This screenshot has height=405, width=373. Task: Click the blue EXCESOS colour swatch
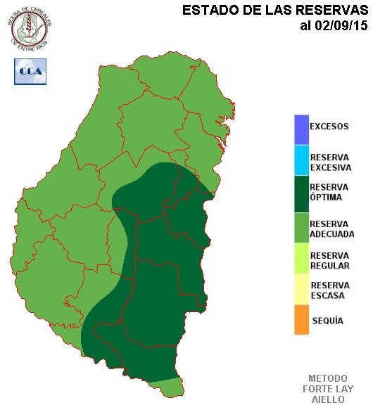(x=302, y=128)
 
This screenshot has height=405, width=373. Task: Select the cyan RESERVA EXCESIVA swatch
(x=302, y=160)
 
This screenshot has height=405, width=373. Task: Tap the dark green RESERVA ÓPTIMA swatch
(x=302, y=192)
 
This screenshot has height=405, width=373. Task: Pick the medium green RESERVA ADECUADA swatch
(x=302, y=226)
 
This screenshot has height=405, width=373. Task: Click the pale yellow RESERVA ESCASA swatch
(x=302, y=289)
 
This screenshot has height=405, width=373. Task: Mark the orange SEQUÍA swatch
(x=302, y=320)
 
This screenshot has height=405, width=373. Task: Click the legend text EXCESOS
(x=329, y=127)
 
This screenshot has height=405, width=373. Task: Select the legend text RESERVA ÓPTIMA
(x=329, y=192)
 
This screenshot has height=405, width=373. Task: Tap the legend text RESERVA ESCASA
(x=329, y=290)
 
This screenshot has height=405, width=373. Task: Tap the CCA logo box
(x=30, y=71)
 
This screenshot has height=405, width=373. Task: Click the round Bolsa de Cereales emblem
(x=31, y=26)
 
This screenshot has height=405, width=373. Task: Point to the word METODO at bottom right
(x=328, y=378)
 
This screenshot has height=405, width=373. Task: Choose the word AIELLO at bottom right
(x=328, y=399)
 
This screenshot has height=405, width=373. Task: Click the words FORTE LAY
(x=328, y=389)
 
